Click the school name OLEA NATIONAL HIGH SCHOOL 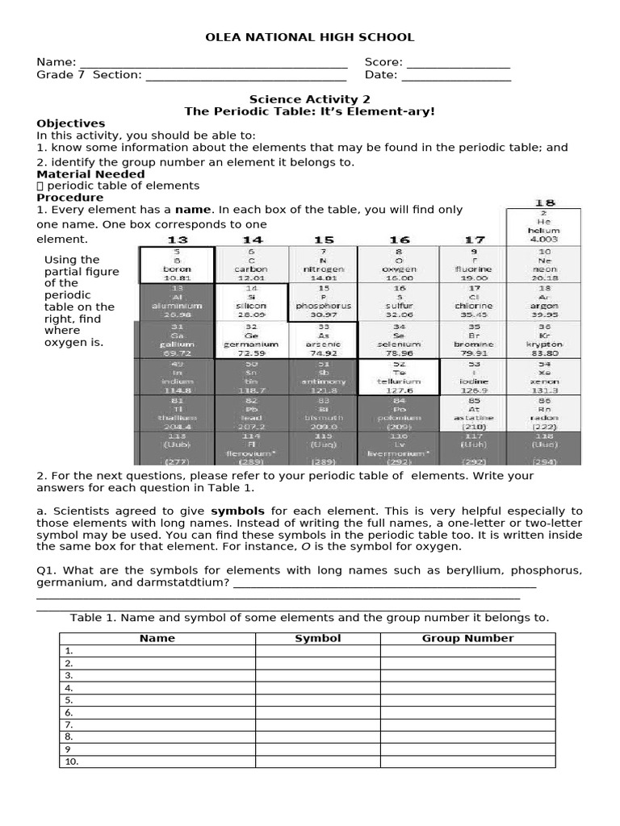click(x=310, y=37)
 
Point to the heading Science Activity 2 click(x=310, y=98)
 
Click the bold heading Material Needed click(x=91, y=174)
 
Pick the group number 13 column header click(x=176, y=240)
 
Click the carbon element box click(x=252, y=265)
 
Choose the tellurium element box click(x=400, y=377)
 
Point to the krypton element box click(x=543, y=340)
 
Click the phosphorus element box click(x=324, y=302)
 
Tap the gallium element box click(x=176, y=340)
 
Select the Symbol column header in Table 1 click(x=317, y=638)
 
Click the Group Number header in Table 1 click(x=467, y=638)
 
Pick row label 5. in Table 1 click(x=69, y=700)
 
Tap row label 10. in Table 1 click(x=71, y=761)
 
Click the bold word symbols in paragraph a click(x=238, y=511)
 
